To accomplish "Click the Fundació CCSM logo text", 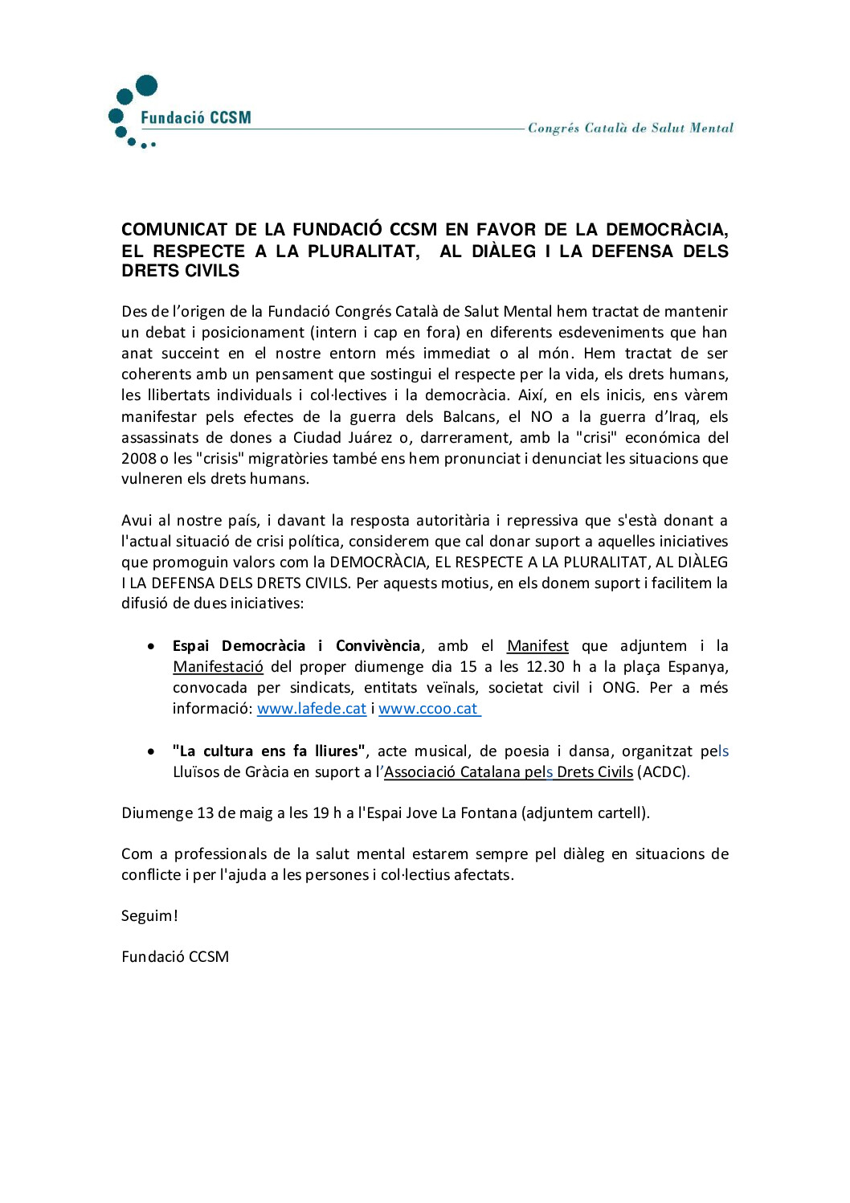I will (x=195, y=118).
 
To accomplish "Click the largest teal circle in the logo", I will (x=146, y=85).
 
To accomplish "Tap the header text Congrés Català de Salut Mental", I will (x=630, y=128).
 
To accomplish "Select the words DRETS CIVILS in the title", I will (x=180, y=272).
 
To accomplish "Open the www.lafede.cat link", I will (x=311, y=709).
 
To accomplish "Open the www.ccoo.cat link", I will (x=428, y=709).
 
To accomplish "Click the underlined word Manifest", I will (x=537, y=646).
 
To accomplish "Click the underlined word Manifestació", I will (x=218, y=667).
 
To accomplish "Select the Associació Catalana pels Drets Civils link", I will (x=509, y=772).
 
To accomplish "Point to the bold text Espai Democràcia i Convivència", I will (x=296, y=646).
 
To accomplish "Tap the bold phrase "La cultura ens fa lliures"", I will (x=268, y=751).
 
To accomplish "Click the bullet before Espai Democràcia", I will (x=151, y=647).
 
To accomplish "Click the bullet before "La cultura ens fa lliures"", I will (x=151, y=752).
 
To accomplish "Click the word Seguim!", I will (x=149, y=916).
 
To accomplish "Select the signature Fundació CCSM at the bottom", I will (x=175, y=957).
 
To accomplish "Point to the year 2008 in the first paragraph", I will (x=138, y=459).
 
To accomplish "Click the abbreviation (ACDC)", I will (x=662, y=772).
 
